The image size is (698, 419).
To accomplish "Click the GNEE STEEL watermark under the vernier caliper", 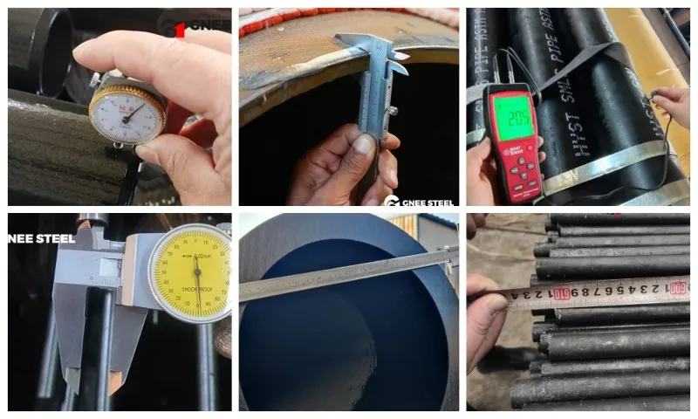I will coord(419,200).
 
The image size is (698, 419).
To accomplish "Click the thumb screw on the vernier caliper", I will coord(393,111).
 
